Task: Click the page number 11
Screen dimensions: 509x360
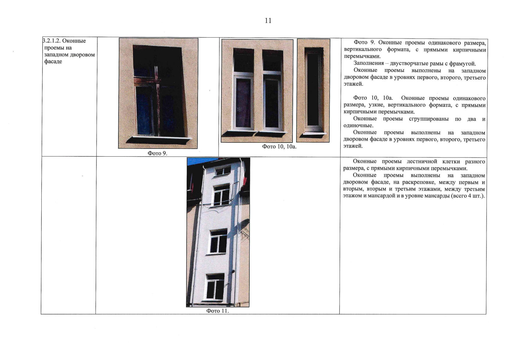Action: (x=268, y=21)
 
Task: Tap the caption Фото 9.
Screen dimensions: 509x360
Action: (x=157, y=153)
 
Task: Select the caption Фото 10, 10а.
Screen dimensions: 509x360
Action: (x=279, y=147)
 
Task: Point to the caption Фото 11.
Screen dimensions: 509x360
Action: (x=217, y=311)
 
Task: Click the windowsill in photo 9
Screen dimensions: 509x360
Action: (x=159, y=139)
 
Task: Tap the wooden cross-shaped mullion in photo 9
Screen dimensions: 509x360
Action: (x=157, y=100)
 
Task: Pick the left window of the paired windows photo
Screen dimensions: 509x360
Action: (x=244, y=89)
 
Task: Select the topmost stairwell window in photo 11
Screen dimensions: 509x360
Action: (x=223, y=171)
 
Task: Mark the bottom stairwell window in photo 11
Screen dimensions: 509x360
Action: (x=214, y=287)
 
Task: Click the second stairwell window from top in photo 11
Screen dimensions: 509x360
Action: (x=222, y=195)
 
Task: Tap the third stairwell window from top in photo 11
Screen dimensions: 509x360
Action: (x=218, y=241)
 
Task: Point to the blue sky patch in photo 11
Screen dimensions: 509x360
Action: (x=196, y=161)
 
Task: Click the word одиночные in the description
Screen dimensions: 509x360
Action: (x=358, y=125)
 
